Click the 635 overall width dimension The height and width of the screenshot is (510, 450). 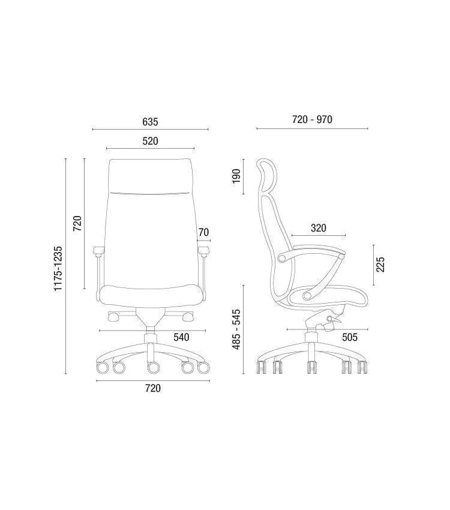click(150, 122)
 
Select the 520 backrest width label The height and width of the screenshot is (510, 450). click(150, 141)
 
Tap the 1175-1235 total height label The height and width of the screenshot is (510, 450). click(58, 269)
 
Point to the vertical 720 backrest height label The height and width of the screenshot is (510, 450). click(77, 223)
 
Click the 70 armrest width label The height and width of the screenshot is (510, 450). click(203, 232)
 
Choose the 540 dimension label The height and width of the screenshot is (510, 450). click(181, 337)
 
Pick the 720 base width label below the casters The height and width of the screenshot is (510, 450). click(153, 388)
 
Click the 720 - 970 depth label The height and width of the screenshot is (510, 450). click(312, 119)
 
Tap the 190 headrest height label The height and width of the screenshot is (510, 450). click(236, 176)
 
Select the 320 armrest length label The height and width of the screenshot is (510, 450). click(319, 228)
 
